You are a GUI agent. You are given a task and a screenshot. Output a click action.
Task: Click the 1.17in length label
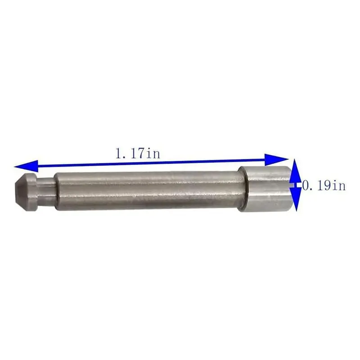coord(138,153)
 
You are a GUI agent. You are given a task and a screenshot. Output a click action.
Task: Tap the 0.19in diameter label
coord(324,185)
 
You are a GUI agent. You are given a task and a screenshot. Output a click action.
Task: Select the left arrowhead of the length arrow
coord(26,166)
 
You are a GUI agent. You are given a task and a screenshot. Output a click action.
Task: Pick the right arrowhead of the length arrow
coord(276,159)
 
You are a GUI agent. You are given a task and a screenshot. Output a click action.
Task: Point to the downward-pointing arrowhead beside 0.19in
coord(296,199)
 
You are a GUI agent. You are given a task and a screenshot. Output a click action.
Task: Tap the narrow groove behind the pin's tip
coord(46,190)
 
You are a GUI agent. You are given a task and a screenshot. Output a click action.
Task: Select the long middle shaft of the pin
coord(149,190)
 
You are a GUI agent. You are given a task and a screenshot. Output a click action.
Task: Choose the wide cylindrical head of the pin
coord(265,189)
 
